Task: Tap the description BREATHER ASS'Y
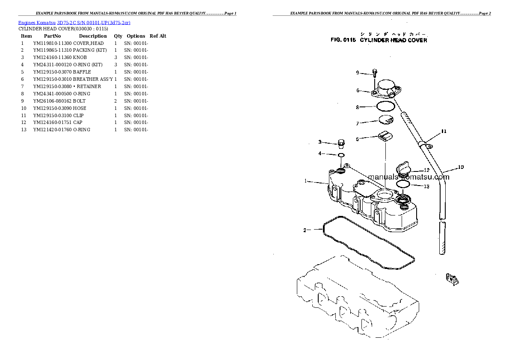(x=93, y=79)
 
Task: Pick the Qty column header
(x=118, y=36)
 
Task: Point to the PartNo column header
(x=53, y=36)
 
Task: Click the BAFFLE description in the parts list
(x=82, y=72)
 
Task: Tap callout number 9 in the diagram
(x=358, y=73)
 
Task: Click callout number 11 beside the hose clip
(x=444, y=131)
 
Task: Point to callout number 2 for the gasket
(x=305, y=230)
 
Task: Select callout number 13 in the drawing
(x=426, y=186)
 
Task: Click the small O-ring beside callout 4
(x=341, y=155)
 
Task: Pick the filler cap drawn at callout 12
(x=403, y=168)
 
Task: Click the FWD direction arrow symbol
(x=452, y=279)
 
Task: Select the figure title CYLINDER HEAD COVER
(x=393, y=40)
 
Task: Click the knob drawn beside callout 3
(x=341, y=142)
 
